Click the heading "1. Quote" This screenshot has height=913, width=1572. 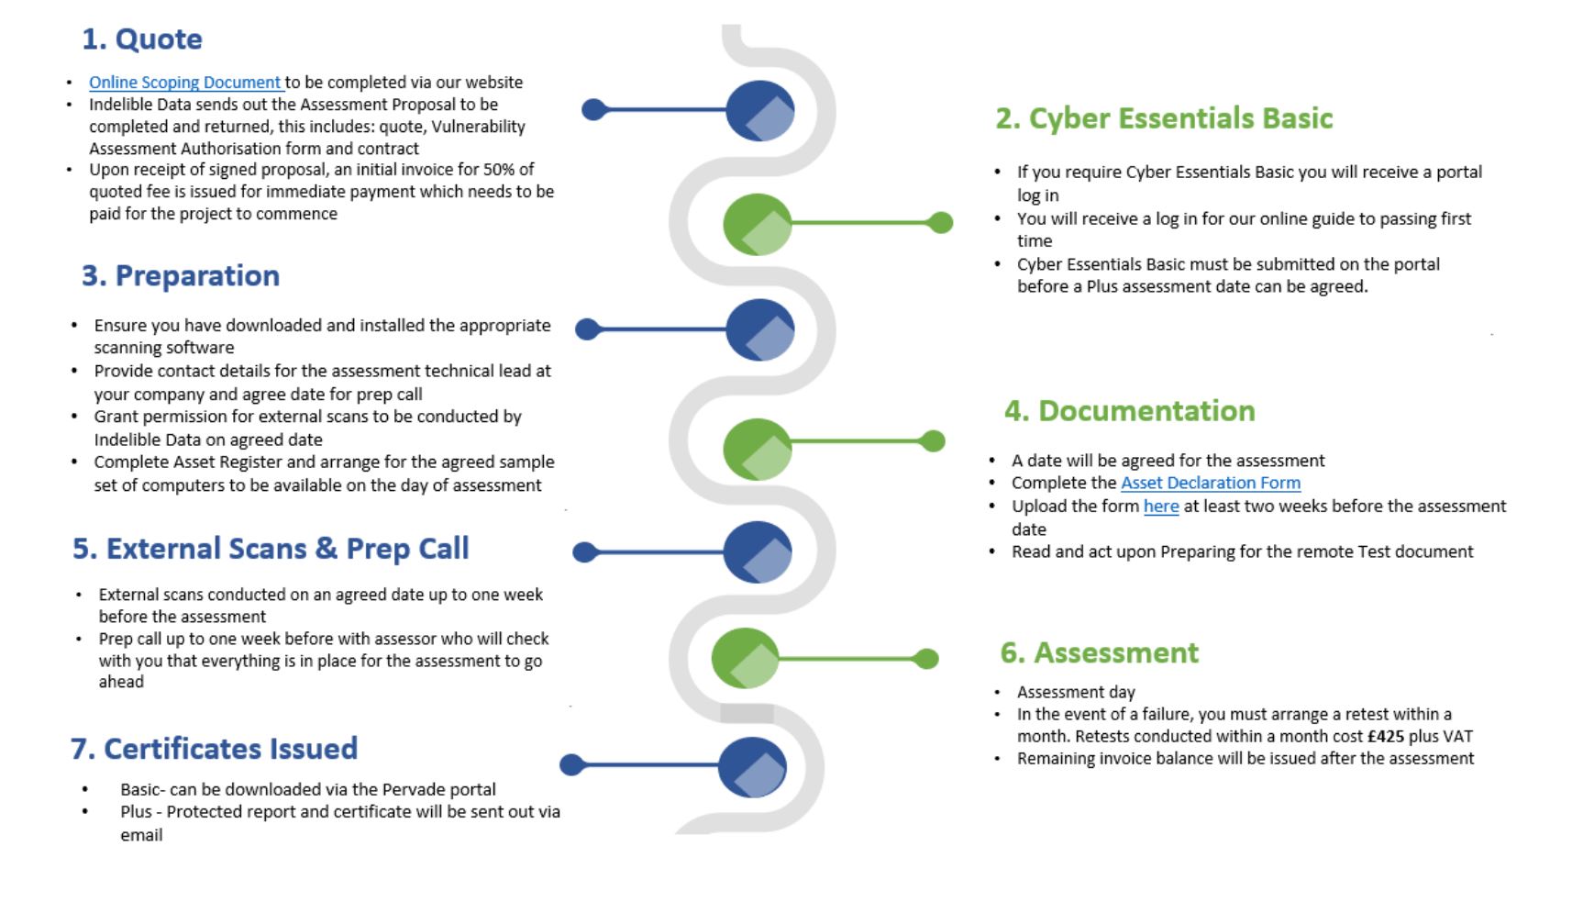click(x=141, y=39)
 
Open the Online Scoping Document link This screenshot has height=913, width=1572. click(x=184, y=83)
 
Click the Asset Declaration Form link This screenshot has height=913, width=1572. click(x=1210, y=483)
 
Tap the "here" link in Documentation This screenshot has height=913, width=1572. click(x=1160, y=507)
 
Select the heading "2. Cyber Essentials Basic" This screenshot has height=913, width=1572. click(x=1163, y=118)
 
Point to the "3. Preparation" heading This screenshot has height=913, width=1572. click(x=180, y=276)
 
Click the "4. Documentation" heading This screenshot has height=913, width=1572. click(x=1129, y=411)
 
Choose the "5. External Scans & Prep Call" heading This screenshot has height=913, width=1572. click(x=271, y=549)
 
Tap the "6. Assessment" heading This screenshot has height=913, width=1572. click(x=1099, y=652)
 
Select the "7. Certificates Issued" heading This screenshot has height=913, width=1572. click(x=214, y=749)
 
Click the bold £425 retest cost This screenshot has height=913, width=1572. click(x=1385, y=736)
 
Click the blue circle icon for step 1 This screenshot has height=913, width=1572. click(x=759, y=110)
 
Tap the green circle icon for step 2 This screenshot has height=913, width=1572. click(x=757, y=223)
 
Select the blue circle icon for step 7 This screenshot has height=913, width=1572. click(x=752, y=766)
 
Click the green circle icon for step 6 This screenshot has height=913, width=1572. click(x=745, y=658)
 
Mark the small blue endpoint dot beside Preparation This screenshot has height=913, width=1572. click(x=587, y=328)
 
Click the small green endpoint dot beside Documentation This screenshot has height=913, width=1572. click(x=932, y=441)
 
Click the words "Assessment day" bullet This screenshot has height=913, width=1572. click(x=1076, y=692)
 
